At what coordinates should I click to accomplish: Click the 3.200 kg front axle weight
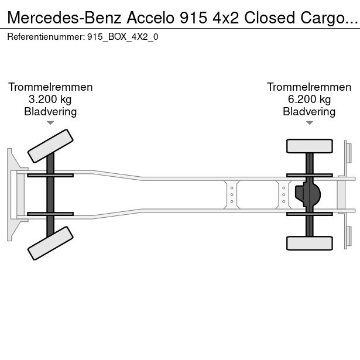coord(50,100)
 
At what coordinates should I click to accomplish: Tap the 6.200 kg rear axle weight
coord(309,100)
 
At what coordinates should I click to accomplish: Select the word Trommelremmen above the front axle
coord(50,87)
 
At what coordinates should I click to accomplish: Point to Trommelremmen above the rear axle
coord(309,87)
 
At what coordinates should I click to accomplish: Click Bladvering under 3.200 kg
coord(50,112)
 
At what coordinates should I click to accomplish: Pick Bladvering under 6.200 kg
coord(309,112)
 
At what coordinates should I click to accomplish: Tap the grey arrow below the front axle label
coord(50,123)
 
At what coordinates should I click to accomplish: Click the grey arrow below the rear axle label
coord(309,123)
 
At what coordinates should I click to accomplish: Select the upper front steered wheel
coord(51,146)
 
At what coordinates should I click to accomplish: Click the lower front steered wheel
coord(51,243)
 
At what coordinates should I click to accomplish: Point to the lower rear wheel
coord(309,242)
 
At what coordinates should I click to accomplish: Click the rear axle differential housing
coord(310,194)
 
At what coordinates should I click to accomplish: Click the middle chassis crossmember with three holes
coord(232,194)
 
